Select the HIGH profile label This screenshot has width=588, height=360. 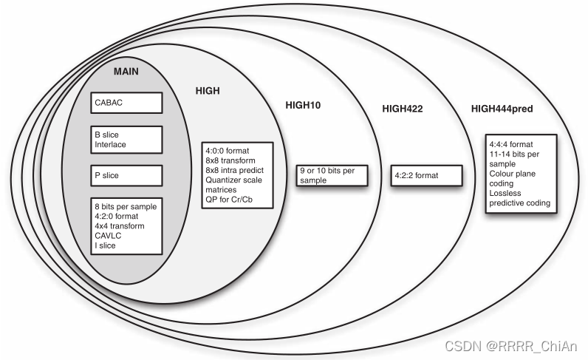tap(208, 89)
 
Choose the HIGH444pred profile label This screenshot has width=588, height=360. tap(502, 109)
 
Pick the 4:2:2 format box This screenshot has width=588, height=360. tap(426, 176)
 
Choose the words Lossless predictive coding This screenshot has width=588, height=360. tap(520, 197)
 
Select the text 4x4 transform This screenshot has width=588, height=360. tap(118, 225)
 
